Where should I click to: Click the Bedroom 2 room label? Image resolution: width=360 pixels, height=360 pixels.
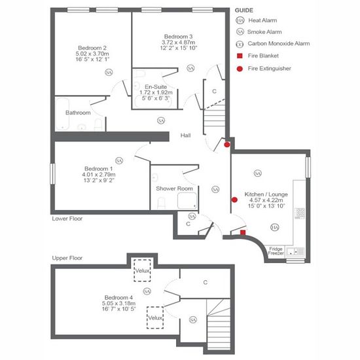tap(92, 48)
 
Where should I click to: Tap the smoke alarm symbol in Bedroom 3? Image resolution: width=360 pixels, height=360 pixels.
tap(190, 68)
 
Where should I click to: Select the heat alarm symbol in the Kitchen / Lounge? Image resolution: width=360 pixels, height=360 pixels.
tap(275, 227)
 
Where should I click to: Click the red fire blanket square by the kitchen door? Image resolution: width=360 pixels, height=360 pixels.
tap(243, 232)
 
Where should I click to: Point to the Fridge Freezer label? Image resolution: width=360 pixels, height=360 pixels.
tap(276, 251)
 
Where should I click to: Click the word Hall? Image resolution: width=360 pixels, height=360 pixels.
tap(185, 135)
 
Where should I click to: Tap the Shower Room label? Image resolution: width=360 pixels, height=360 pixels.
tap(174, 189)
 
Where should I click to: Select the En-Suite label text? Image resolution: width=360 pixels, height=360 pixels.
tap(156, 87)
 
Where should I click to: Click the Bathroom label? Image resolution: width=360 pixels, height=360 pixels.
tap(78, 113)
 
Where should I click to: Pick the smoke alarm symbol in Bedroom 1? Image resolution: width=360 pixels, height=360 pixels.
tap(119, 160)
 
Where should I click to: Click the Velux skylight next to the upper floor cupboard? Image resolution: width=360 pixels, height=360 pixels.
tap(142, 270)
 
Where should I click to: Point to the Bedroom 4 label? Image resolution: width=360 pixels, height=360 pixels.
tap(118, 298)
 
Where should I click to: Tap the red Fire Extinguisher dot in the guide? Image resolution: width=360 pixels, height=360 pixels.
tap(240, 69)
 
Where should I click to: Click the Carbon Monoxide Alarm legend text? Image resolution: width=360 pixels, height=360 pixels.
tap(279, 43)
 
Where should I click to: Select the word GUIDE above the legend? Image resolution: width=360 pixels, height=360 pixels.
tap(244, 10)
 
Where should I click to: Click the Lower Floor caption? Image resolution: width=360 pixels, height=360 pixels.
tap(67, 219)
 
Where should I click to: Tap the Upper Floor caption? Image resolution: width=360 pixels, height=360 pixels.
tap(67, 258)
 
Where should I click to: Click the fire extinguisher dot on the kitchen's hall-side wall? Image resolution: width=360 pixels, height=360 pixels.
tap(234, 200)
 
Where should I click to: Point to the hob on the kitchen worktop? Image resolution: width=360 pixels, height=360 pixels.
tap(300, 213)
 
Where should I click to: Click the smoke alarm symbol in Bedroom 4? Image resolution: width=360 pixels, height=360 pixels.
tap(147, 291)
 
